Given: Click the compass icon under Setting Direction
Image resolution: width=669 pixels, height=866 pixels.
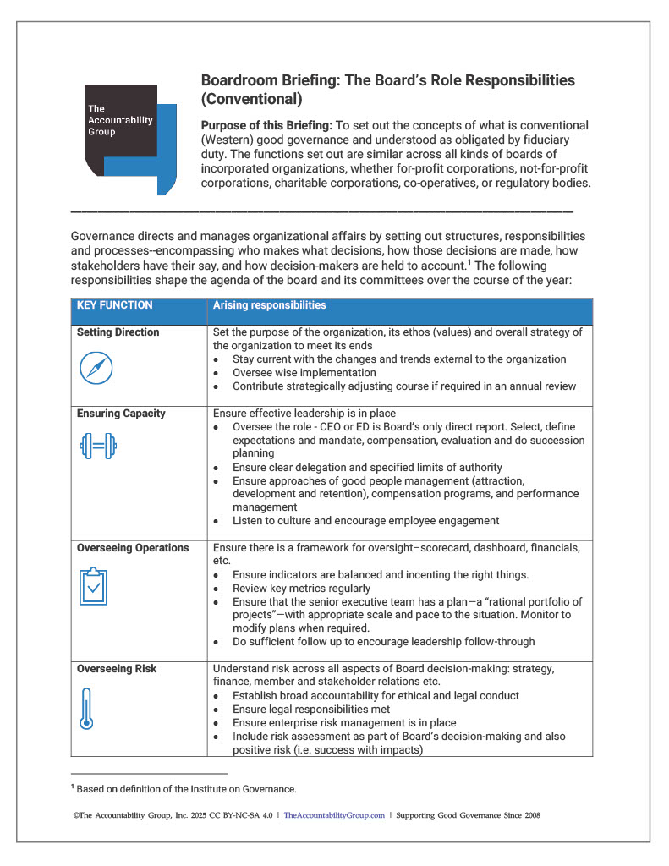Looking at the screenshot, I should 96,368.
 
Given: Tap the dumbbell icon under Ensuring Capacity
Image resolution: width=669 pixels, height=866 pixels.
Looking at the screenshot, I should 97,448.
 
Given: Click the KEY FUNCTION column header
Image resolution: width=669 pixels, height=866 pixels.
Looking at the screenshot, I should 115,305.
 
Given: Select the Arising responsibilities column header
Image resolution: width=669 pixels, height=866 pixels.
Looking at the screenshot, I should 269,305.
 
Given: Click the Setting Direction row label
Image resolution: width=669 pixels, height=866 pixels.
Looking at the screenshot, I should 118,332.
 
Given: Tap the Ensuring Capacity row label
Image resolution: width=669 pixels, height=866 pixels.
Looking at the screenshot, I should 121,414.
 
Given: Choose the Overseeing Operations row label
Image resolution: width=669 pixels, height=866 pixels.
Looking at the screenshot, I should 133,548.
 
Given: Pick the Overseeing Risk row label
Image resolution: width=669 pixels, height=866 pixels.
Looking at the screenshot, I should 117,669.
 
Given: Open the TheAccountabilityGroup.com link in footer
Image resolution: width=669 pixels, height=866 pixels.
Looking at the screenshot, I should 334,815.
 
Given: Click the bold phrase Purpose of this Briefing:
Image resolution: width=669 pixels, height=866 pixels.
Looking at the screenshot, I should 266,125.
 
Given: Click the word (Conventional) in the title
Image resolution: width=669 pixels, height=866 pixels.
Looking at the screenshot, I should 251,99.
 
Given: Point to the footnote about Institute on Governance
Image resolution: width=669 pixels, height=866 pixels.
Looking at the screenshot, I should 186,789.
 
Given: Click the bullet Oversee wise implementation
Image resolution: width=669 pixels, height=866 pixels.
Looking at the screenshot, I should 304,372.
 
